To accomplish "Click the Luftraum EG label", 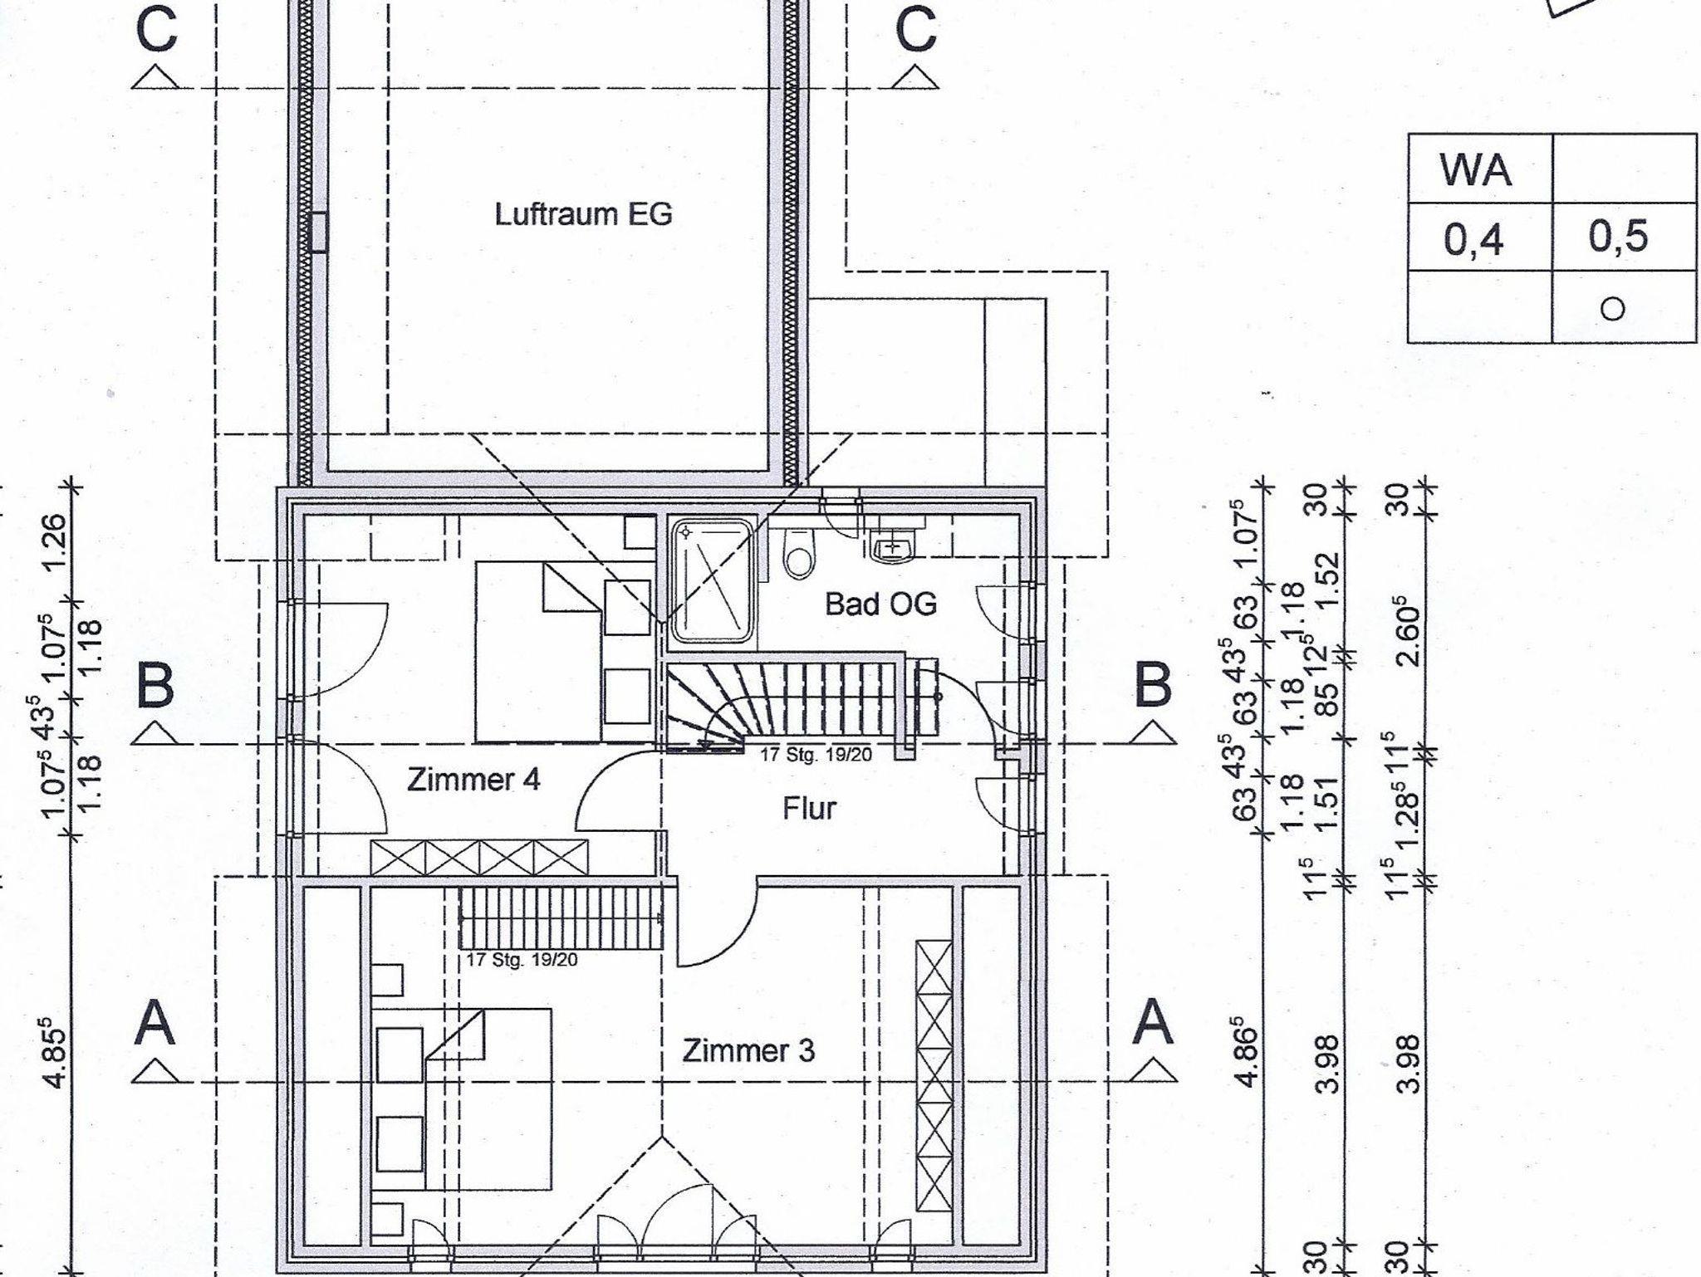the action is pyautogui.click(x=583, y=215).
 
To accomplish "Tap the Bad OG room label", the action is pyautogui.click(x=880, y=604).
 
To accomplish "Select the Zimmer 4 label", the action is pyautogui.click(x=473, y=780).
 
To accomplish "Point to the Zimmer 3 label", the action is pyautogui.click(x=748, y=1051).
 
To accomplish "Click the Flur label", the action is pyautogui.click(x=809, y=808).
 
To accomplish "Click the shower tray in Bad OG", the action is pyautogui.click(x=713, y=580).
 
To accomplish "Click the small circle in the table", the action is pyautogui.click(x=1612, y=310).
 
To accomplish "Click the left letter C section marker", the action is pyautogui.click(x=155, y=30).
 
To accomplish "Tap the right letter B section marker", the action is pyautogui.click(x=1152, y=685).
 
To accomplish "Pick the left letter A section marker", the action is pyautogui.click(x=155, y=1023).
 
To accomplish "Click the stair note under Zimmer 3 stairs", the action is pyautogui.click(x=522, y=960).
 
